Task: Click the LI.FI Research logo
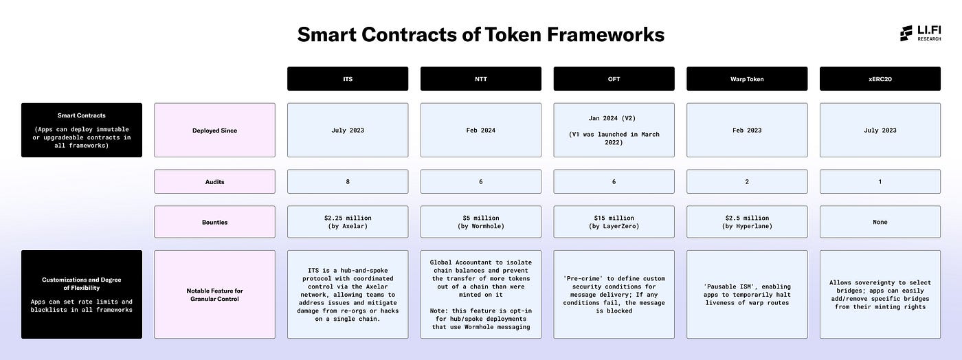click(x=920, y=33)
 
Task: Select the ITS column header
click(x=348, y=78)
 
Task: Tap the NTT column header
click(x=481, y=78)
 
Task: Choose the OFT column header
click(x=614, y=78)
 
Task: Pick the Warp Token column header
click(x=748, y=78)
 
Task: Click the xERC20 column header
click(x=880, y=78)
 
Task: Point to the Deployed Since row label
click(x=214, y=130)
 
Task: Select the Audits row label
click(x=214, y=182)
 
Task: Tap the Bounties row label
click(x=214, y=222)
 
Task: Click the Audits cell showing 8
click(x=348, y=182)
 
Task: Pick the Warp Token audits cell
click(x=748, y=182)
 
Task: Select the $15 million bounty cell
click(x=614, y=222)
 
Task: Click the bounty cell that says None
click(x=880, y=222)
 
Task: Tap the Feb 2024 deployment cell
click(x=481, y=130)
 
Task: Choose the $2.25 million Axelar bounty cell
click(x=348, y=222)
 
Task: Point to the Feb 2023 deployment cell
click(x=748, y=130)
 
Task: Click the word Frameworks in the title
click(x=605, y=34)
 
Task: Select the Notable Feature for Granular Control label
click(x=214, y=295)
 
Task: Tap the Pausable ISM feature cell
click(x=748, y=295)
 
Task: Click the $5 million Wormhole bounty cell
click(x=481, y=222)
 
